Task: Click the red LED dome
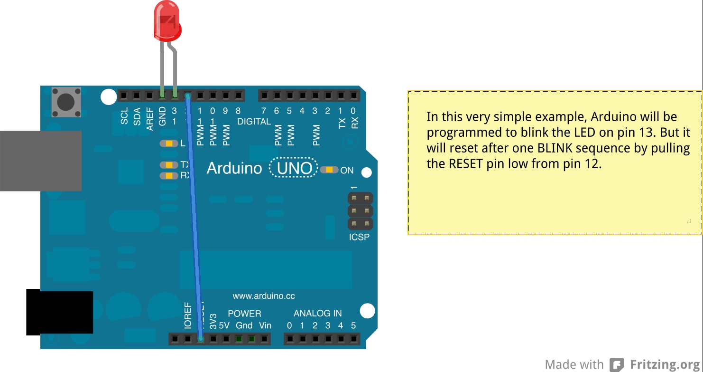click(167, 21)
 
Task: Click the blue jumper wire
click(194, 214)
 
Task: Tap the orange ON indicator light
click(329, 170)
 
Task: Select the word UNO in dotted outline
click(294, 168)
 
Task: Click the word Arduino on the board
click(234, 168)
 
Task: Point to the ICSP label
click(359, 237)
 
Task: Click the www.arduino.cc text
click(263, 296)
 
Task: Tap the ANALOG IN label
click(317, 313)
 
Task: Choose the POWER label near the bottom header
click(244, 314)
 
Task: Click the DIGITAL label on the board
click(254, 122)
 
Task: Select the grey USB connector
click(40, 161)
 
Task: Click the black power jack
click(59, 312)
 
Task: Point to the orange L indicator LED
click(169, 143)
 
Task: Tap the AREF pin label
click(150, 119)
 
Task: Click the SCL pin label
click(124, 116)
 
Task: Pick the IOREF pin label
click(188, 315)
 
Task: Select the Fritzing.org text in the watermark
click(666, 364)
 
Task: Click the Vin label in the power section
click(265, 325)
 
